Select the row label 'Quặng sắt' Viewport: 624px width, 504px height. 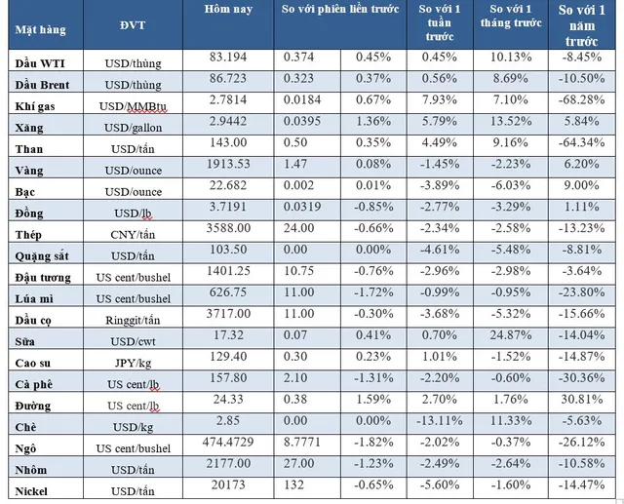tap(42, 255)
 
